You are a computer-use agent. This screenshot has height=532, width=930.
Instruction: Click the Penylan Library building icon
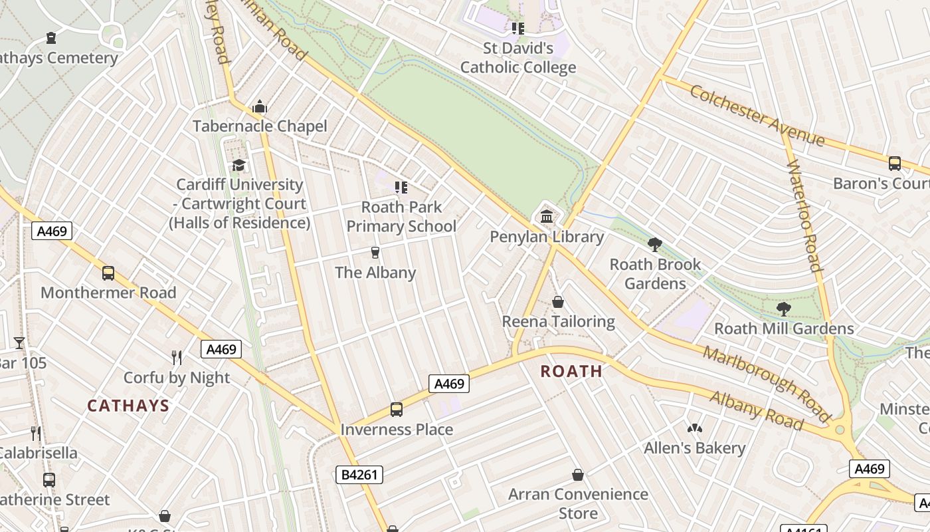click(547, 216)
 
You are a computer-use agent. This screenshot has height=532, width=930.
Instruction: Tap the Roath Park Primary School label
click(401, 217)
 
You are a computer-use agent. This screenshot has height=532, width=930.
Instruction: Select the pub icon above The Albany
click(375, 252)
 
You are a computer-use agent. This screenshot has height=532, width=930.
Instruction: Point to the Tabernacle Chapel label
click(260, 126)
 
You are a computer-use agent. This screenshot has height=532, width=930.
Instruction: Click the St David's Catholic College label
click(518, 58)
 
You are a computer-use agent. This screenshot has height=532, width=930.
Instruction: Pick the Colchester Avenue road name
click(757, 116)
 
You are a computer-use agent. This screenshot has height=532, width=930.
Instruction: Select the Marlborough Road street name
click(767, 384)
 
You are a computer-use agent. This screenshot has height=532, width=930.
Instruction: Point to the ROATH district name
click(571, 371)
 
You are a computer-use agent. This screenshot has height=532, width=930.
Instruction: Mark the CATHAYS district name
click(128, 406)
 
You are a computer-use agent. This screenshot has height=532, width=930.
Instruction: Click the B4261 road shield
click(359, 475)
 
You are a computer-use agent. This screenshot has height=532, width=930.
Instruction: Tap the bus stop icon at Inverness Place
click(397, 409)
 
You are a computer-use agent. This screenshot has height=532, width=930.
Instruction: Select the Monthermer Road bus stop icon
click(108, 273)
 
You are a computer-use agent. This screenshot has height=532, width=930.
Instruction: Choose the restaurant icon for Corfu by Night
click(177, 358)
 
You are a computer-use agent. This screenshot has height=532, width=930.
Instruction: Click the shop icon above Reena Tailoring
click(558, 302)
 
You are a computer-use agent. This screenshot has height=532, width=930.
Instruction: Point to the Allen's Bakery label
click(694, 448)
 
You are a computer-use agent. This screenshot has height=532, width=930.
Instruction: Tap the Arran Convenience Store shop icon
click(578, 475)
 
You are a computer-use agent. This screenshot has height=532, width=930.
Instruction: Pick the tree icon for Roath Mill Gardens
click(784, 308)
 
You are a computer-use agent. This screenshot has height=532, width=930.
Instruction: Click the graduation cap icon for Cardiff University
click(238, 165)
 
